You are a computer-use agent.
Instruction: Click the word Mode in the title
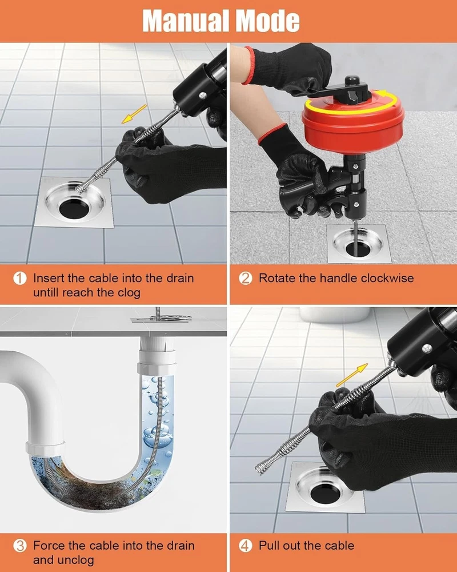click(267, 21)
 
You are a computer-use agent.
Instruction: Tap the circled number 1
click(20, 279)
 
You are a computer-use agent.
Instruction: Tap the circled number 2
click(246, 279)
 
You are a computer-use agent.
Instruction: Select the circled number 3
click(20, 546)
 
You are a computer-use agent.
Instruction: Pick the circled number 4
click(246, 546)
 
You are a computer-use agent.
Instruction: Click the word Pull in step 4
click(268, 545)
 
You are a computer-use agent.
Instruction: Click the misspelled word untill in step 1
click(46, 292)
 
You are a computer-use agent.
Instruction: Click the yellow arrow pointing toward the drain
click(134, 114)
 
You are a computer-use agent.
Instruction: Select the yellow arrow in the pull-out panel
click(352, 375)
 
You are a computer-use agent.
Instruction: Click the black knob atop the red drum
click(352, 81)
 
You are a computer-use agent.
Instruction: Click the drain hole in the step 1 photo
click(74, 209)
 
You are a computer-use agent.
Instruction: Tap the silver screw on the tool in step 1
click(203, 95)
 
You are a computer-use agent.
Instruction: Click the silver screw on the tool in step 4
click(426, 349)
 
